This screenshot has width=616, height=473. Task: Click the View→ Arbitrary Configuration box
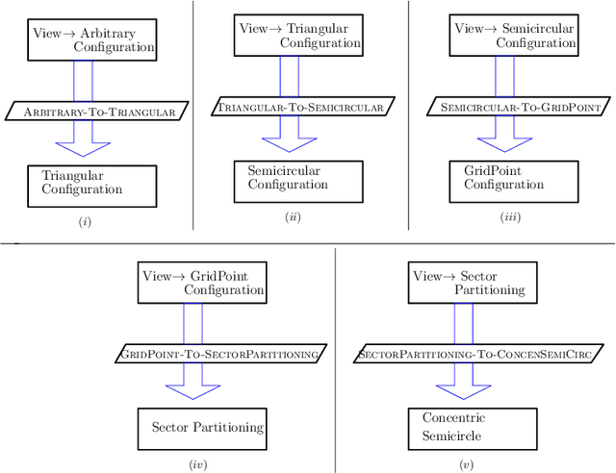click(x=92, y=38)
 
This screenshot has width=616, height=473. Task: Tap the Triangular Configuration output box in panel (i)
click(x=92, y=184)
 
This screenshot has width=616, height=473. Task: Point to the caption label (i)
click(x=85, y=222)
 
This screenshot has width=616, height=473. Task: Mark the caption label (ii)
click(x=293, y=216)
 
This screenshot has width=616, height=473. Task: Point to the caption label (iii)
click(x=510, y=216)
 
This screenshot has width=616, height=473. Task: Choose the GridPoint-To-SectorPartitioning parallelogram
click(x=219, y=354)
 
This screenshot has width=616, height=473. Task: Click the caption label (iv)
click(x=197, y=464)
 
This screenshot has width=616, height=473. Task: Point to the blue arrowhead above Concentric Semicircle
click(x=463, y=391)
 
